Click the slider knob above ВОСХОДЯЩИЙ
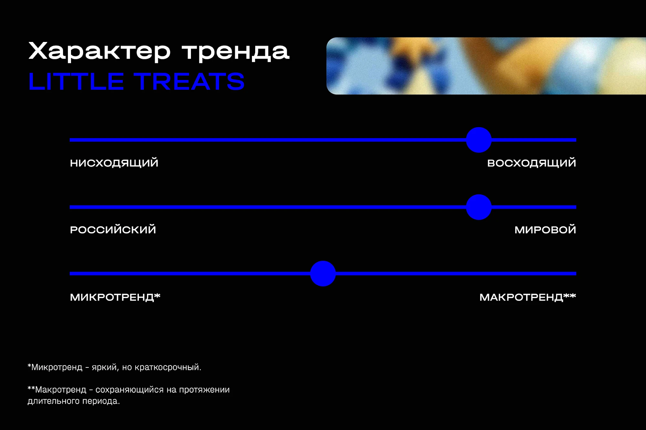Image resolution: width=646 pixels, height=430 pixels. tap(479, 140)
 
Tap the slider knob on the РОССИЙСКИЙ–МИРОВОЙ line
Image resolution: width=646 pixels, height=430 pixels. tap(479, 207)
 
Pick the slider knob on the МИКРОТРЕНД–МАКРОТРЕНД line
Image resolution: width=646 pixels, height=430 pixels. tap(323, 273)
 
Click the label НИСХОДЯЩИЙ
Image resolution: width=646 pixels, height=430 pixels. tap(114, 163)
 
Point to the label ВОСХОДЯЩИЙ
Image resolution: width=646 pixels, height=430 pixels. tap(531, 163)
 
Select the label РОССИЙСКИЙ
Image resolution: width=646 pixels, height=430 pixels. tap(113, 230)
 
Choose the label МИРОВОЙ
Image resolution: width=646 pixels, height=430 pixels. tap(545, 230)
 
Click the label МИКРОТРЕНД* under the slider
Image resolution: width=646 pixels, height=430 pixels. tap(115, 297)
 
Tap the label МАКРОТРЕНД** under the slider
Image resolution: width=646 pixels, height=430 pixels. tap(528, 297)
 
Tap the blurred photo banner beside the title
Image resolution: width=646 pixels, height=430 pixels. tap(486, 66)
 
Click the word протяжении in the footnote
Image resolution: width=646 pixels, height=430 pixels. tap(204, 390)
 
